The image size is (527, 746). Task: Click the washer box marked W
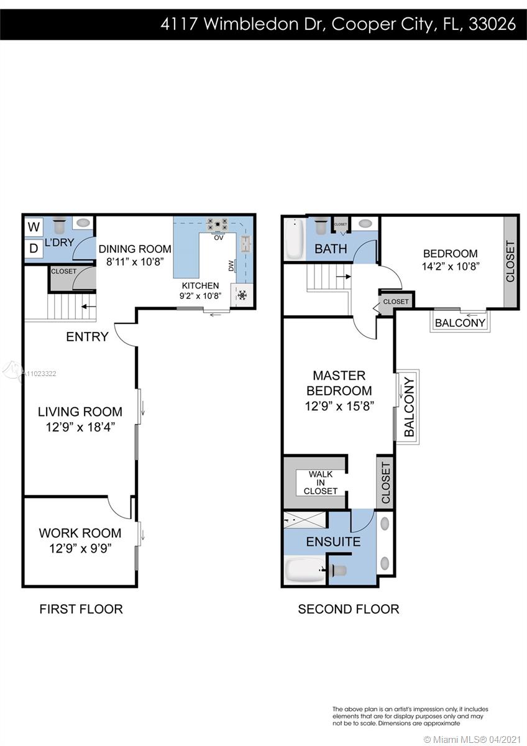coord(34,227)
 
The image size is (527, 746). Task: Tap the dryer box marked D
coord(34,249)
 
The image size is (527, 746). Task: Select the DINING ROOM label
coord(135,249)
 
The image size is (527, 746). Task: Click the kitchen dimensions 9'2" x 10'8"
coord(200,296)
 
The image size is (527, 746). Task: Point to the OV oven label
coord(218,237)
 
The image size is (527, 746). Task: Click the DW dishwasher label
coord(231,265)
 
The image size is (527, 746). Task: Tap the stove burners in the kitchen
coord(218,224)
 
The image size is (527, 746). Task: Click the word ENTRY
coord(87,337)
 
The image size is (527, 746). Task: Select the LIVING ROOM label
coord(80,412)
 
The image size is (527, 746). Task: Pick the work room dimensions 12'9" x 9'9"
coord(80,548)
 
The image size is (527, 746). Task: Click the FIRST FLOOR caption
coord(81,609)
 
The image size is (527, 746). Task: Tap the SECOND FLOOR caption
coord(349,609)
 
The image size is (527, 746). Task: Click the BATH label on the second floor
coord(331,249)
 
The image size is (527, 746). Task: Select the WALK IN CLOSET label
coord(320,482)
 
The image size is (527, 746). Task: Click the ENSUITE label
coord(333,542)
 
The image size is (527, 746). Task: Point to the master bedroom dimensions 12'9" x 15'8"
coord(339,406)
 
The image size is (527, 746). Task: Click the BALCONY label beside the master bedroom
coord(409,407)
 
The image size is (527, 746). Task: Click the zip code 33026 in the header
coord(492,24)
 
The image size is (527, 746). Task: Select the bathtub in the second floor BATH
coord(295,239)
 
